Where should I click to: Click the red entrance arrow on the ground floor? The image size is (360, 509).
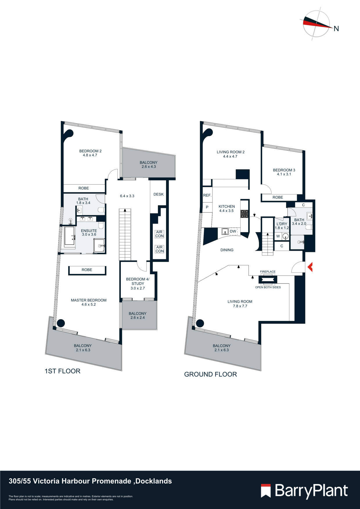click(310, 267)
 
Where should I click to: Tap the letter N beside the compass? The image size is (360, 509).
click(336, 29)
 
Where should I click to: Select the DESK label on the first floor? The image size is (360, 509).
click(159, 194)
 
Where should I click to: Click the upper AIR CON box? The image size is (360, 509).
click(159, 234)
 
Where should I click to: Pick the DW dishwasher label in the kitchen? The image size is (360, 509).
click(233, 231)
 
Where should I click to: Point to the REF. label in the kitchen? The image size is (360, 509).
click(207, 195)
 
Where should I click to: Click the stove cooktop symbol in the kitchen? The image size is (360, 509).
click(244, 214)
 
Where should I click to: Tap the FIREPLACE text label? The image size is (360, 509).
click(268, 272)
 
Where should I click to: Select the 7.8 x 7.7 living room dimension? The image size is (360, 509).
click(240, 306)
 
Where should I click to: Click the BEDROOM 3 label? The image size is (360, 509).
click(284, 170)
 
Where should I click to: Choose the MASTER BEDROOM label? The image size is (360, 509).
click(89, 300)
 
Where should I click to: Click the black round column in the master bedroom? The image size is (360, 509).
click(61, 323)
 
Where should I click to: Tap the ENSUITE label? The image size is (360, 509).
click(89, 231)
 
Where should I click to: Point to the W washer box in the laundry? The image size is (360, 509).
click(278, 236)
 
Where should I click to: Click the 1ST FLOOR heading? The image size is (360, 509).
click(62, 371)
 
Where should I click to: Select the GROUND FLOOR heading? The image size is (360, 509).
click(210, 374)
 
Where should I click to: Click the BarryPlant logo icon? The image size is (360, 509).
click(266, 490)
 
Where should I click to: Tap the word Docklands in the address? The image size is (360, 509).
click(154, 481)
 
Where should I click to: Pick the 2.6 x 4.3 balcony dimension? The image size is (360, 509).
click(149, 167)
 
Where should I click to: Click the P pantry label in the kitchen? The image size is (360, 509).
click(207, 207)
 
